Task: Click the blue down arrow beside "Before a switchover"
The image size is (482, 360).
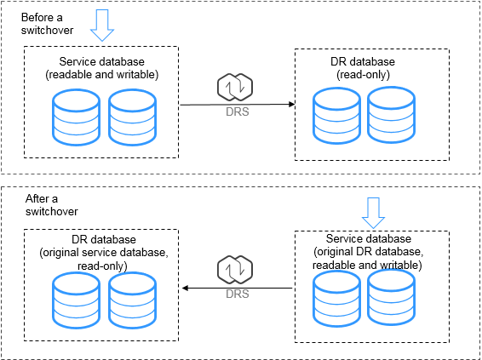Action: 102,26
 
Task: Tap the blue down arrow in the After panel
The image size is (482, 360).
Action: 373,213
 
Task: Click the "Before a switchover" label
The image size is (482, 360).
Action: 47,24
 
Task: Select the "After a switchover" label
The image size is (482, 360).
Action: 51,205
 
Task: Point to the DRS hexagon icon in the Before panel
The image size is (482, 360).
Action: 235,88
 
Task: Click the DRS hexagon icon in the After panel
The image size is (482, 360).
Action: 235,270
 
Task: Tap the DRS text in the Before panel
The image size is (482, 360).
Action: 238,111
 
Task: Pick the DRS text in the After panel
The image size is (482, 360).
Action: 238,294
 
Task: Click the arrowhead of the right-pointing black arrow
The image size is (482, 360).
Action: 292,104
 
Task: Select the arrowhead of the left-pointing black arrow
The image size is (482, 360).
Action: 185,289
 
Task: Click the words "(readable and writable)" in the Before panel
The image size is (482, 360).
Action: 101,75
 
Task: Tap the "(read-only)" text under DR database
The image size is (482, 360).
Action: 363,75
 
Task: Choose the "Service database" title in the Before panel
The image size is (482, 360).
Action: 101,62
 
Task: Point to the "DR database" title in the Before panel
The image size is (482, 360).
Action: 363,62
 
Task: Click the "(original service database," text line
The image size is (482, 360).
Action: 104,253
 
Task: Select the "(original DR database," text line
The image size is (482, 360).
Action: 368,252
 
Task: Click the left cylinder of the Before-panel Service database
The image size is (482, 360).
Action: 77,117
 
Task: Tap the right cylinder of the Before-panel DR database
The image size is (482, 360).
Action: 392,115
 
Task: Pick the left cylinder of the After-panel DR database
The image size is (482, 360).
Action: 77,300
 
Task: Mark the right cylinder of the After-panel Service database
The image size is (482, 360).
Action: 392,297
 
